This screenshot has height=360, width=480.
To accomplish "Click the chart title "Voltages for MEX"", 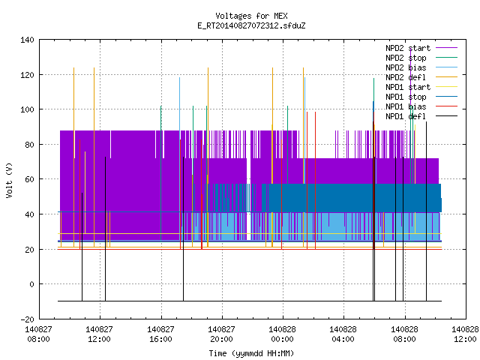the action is click(x=251, y=16).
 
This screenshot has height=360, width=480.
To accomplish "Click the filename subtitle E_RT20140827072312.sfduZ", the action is click(x=251, y=25).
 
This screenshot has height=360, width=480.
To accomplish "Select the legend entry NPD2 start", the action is click(x=408, y=48).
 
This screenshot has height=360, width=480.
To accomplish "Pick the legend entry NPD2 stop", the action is click(x=406, y=58).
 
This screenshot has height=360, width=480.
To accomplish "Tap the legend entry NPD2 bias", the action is click(x=406, y=67).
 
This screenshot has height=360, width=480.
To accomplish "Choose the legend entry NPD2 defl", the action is click(x=406, y=77).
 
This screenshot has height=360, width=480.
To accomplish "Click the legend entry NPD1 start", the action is click(x=408, y=87).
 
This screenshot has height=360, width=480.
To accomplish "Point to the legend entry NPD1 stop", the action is click(x=406, y=97).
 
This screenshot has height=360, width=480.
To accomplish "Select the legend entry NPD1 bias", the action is click(x=406, y=106).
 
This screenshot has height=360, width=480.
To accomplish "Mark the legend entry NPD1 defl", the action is click(x=406, y=117).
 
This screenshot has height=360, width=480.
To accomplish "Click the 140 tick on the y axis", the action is click(x=27, y=40).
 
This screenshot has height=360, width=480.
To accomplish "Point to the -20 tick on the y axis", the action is click(x=27, y=319).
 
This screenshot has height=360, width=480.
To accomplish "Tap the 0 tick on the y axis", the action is click(x=31, y=284).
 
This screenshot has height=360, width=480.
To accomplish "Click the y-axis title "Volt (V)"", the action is click(x=9, y=180).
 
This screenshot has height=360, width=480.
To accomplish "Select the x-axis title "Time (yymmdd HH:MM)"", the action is click(x=251, y=353).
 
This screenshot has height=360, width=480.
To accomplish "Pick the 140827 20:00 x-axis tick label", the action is click(x=221, y=334).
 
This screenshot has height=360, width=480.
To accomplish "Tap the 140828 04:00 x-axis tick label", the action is click(x=343, y=334).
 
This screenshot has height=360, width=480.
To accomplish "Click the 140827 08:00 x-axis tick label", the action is click(x=38, y=334).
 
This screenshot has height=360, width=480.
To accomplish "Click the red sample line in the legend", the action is click(x=447, y=106).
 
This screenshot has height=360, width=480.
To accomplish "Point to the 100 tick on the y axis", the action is click(x=27, y=109).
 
